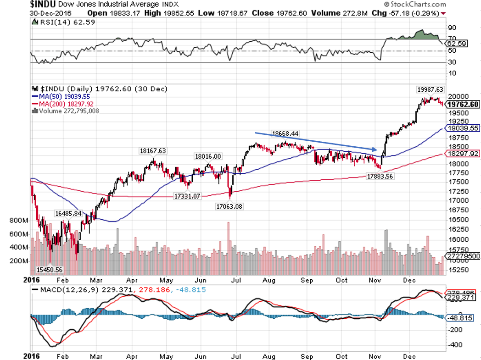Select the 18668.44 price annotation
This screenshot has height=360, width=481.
(x=285, y=133)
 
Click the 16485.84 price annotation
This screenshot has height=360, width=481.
(x=68, y=213)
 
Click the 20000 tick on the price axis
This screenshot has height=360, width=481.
(x=458, y=97)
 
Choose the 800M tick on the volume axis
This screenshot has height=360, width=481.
(x=18, y=221)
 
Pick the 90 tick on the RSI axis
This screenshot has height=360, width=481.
(x=453, y=28)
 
